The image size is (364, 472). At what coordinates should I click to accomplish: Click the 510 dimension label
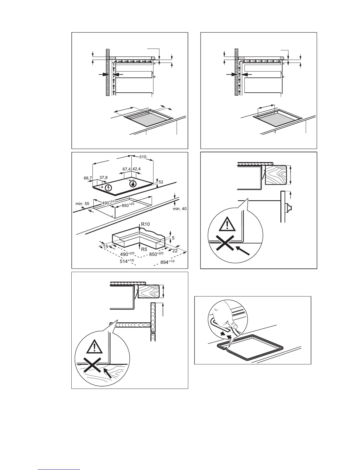(143, 157)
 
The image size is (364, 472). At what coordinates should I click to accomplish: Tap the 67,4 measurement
(127, 169)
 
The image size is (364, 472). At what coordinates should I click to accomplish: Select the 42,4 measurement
(136, 169)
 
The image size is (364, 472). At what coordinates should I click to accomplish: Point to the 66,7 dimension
(88, 178)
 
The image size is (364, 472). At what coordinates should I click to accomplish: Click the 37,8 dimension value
(103, 178)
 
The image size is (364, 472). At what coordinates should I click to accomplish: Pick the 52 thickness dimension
(161, 182)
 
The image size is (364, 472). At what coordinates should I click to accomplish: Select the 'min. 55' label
(82, 204)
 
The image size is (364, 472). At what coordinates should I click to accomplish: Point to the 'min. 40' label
(180, 209)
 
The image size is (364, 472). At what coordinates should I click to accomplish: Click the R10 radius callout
(145, 224)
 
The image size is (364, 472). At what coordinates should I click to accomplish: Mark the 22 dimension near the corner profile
(175, 251)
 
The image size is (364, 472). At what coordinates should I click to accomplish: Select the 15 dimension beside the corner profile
(106, 246)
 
